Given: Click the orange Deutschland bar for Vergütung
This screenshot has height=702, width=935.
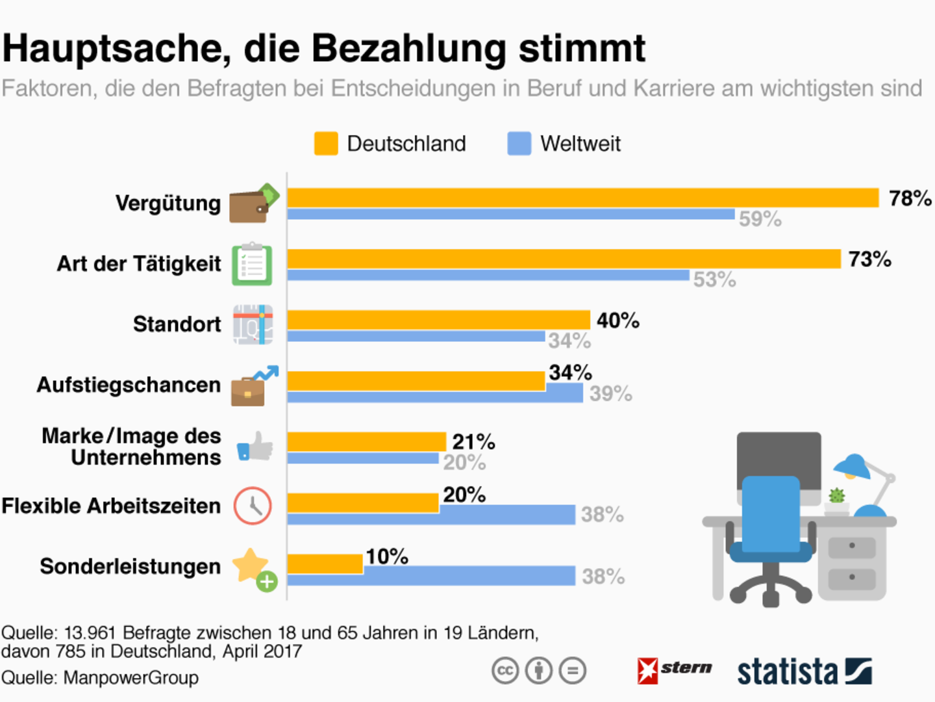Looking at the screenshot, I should pyautogui.click(x=582, y=198).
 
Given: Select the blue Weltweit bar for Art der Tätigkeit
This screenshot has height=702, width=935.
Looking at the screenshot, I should pyautogui.click(x=488, y=276).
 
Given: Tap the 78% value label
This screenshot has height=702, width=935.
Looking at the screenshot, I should pyautogui.click(x=910, y=198).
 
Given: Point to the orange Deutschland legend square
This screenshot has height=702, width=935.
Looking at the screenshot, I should pyautogui.click(x=326, y=144).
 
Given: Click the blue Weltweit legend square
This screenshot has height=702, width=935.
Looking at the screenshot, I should pyautogui.click(x=519, y=144).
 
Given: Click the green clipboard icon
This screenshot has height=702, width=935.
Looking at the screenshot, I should pyautogui.click(x=252, y=265).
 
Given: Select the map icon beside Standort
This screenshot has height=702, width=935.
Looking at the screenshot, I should pyautogui.click(x=253, y=324).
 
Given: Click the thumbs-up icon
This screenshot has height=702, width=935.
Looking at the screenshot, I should pyautogui.click(x=255, y=447).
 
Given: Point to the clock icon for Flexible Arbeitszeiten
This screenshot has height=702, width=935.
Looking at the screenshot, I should pyautogui.click(x=252, y=506).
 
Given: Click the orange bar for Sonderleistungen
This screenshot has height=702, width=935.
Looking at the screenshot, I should pyautogui.click(x=325, y=564).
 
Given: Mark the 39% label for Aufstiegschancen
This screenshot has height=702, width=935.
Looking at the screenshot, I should pyautogui.click(x=610, y=393).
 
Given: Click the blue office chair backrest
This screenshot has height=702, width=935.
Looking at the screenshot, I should pyautogui.click(x=771, y=513).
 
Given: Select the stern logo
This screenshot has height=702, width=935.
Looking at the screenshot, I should pyautogui.click(x=675, y=669).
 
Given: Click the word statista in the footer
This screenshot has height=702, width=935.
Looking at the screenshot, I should pyautogui.click(x=787, y=671).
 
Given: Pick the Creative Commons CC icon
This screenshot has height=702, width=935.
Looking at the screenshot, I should pyautogui.click(x=505, y=671).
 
